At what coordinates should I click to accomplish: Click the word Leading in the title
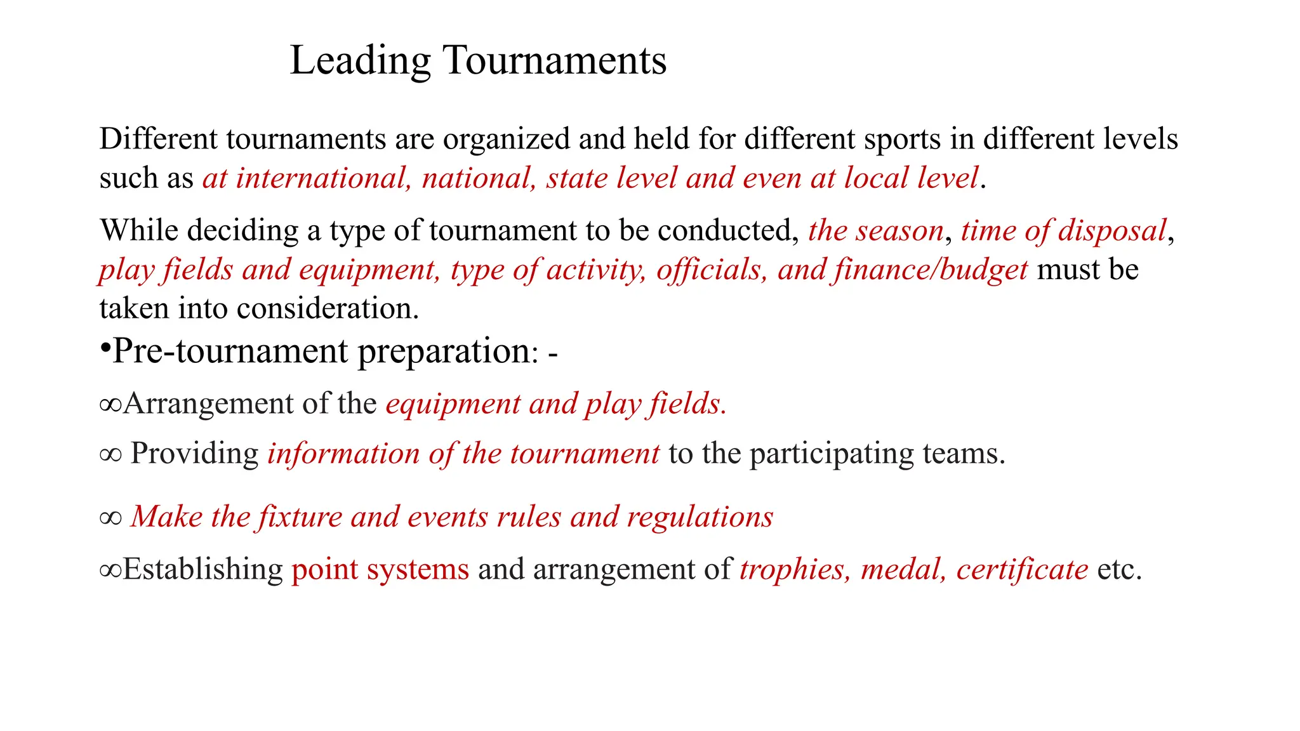point(360,61)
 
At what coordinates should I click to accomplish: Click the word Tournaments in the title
point(554,61)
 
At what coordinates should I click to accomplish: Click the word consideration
point(328,309)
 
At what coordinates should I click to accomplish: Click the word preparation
point(444,352)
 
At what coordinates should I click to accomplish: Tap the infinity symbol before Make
point(110,518)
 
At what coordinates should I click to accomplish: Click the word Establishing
point(202,569)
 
